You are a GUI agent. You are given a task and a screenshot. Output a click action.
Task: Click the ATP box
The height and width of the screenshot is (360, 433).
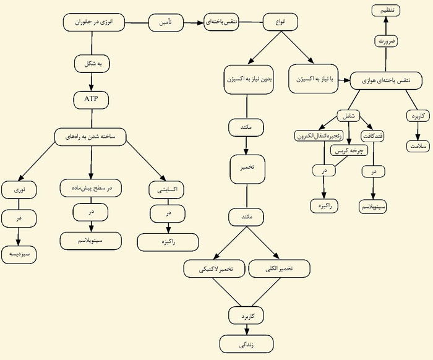point(91,99)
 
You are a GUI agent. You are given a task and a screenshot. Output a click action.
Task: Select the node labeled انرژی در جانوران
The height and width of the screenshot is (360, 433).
point(93,24)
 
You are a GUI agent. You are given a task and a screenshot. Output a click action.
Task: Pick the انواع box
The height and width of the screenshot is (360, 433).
point(280,23)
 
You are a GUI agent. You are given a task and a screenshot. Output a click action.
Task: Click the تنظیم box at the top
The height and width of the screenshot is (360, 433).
point(387,10)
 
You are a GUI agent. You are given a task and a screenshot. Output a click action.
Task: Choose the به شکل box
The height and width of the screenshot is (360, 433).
point(92,62)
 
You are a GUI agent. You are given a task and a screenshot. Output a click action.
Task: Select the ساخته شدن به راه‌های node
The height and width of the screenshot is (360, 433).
point(92,135)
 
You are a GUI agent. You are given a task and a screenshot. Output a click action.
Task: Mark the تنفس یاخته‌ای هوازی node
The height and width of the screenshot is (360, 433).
point(388,81)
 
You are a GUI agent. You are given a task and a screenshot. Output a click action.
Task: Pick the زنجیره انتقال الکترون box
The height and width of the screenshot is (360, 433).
point(319,135)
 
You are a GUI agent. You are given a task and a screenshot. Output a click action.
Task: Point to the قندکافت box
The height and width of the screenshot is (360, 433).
point(374,135)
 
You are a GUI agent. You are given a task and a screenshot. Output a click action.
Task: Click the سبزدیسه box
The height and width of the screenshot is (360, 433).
point(19,254)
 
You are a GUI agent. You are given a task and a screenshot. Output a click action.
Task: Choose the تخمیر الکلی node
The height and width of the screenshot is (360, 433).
point(278,269)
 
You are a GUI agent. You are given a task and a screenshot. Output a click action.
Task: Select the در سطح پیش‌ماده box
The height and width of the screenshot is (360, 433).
point(91,187)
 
